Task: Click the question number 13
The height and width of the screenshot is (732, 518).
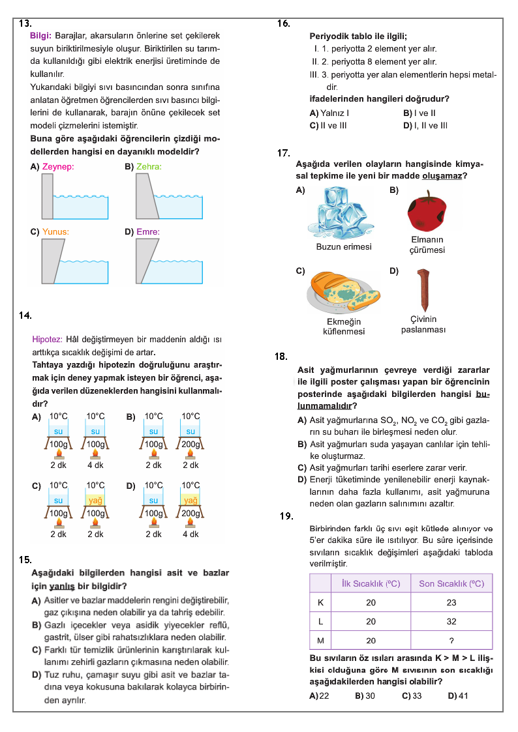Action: [25, 23]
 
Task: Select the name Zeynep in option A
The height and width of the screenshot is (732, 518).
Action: [58, 167]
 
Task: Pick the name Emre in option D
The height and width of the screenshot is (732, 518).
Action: [148, 232]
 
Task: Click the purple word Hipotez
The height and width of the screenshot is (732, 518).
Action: [47, 340]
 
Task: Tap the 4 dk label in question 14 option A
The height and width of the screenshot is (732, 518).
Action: [96, 465]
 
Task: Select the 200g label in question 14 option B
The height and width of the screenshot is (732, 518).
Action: [190, 445]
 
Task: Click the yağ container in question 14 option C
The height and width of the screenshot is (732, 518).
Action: [95, 500]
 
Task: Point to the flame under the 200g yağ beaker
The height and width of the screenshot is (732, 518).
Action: [190, 521]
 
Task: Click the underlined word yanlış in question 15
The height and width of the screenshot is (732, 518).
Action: [62, 587]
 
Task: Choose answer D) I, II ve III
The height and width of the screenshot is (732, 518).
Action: [425, 126]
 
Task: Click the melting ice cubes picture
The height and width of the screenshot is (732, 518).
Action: [341, 212]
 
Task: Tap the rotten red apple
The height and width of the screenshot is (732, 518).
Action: [427, 210]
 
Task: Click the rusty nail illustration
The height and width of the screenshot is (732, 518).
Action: [423, 289]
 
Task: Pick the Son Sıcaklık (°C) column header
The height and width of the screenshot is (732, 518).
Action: [451, 583]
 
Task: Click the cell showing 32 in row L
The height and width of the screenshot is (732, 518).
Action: [451, 621]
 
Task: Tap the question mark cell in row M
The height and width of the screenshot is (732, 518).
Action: [451, 641]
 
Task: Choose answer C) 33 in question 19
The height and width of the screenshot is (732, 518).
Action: [412, 695]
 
